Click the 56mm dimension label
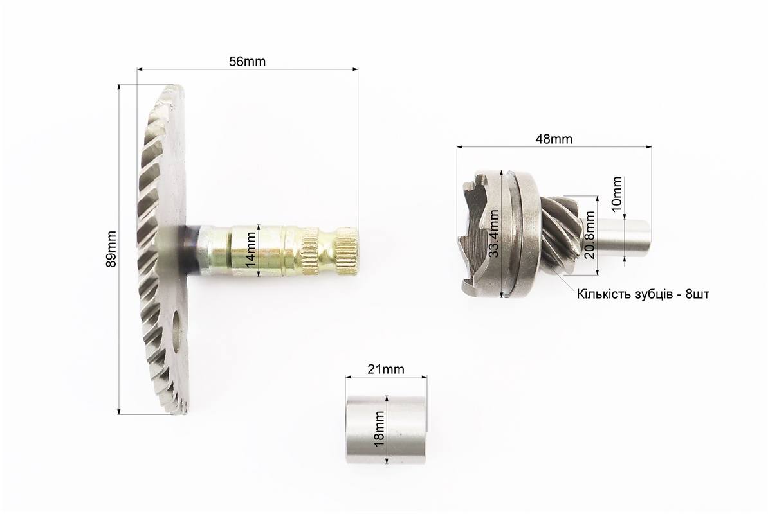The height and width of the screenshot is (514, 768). point(248,62)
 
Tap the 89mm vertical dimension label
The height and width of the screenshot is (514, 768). point(112,249)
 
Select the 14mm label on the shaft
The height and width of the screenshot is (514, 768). point(251,251)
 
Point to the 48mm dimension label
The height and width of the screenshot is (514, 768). point(553,139)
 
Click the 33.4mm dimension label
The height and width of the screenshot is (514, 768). point(495,233)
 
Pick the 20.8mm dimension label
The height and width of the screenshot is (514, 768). point(590,235)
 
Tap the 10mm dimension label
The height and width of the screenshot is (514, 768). point(617,193)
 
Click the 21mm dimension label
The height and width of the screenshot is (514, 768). point(386,369)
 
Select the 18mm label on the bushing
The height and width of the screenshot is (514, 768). point(379,429)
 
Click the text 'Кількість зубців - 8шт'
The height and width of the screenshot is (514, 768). point(643,294)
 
